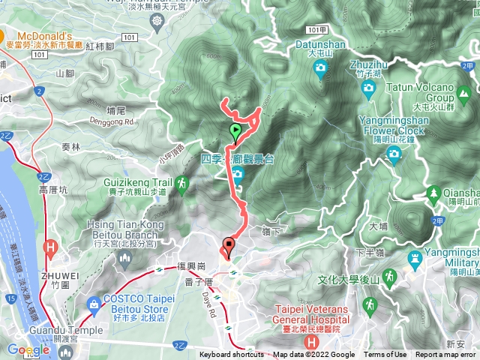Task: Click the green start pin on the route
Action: tap(235, 132)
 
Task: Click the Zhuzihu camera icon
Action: tap(367, 88)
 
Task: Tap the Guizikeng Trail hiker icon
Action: tap(181, 182)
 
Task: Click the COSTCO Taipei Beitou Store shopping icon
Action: tap(93, 304)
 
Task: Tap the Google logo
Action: tap(28, 350)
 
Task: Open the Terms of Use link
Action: tap(385, 355)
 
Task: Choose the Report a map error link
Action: tap(446, 355)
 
